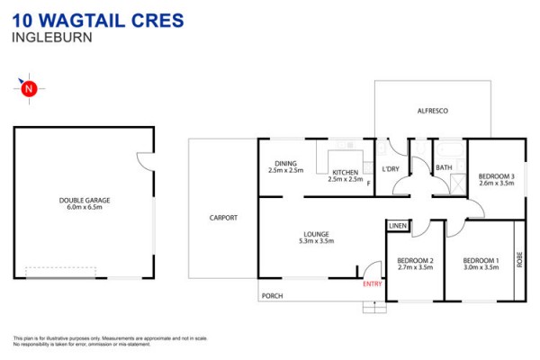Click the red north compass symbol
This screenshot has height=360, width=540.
coord(29,88)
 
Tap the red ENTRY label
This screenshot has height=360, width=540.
coord(373,283)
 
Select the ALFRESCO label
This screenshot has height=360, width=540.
coord(433,111)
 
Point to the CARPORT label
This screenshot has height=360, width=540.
coord(223,218)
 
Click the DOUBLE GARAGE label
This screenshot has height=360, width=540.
coord(85,200)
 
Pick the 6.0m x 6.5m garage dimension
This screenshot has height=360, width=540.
coord(85,207)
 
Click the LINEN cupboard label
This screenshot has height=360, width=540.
coord(398,226)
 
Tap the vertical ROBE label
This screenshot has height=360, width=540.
coord(519,260)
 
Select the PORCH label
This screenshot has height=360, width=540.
coord(273,296)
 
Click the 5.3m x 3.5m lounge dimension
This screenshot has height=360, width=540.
coord(317,241)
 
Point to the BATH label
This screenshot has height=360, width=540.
coord(444,167)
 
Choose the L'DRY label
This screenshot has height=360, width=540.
coord(391,169)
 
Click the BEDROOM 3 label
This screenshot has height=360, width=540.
coord(496,176)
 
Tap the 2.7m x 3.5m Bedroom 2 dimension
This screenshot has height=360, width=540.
coord(415,267)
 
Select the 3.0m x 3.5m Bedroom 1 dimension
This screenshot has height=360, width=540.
coord(481,267)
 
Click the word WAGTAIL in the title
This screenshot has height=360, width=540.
coord(82,21)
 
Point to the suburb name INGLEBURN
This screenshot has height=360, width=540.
coord(52,37)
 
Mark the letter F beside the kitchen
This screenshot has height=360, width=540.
coord(368,184)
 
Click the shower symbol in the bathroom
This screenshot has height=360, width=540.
coord(458,184)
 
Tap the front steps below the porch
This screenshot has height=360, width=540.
coord(374,307)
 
